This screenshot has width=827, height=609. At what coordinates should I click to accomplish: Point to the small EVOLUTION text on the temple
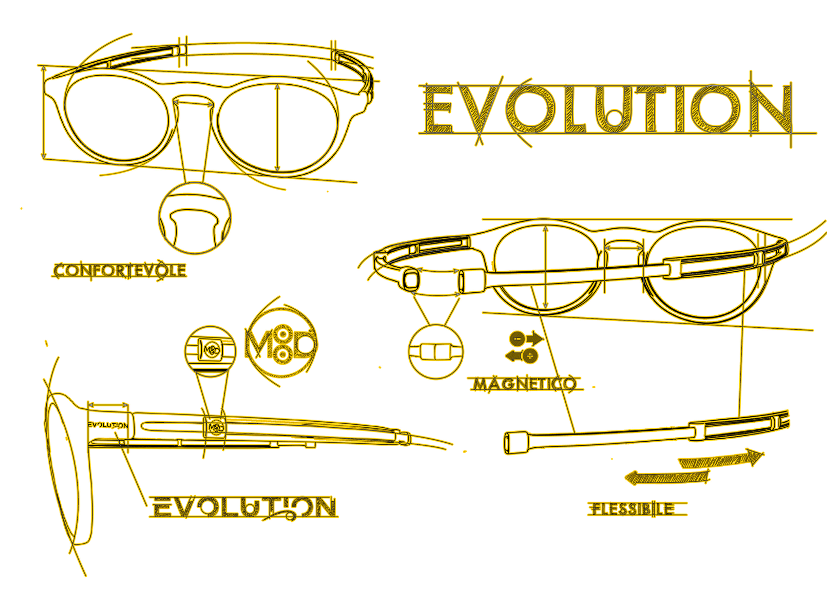pos(108,425)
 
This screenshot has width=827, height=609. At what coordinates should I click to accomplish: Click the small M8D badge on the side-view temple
pos(215,427)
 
